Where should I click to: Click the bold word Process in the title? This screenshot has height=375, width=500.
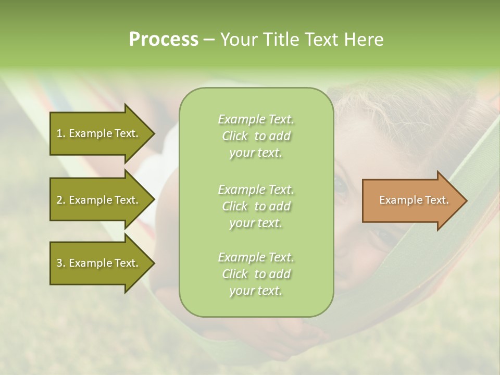(x=164, y=40)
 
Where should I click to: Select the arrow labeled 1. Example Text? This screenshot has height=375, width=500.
(x=99, y=133)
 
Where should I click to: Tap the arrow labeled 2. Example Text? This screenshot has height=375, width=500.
(x=99, y=200)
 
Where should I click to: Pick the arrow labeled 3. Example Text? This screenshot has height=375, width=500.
(x=99, y=263)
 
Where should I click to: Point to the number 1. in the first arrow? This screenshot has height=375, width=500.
(x=61, y=133)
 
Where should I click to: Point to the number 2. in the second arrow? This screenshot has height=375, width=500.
(x=61, y=200)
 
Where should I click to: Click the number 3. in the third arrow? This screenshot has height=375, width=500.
(x=61, y=263)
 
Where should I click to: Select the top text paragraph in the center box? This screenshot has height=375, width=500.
(x=256, y=136)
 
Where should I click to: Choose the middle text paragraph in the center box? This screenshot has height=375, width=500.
(x=256, y=206)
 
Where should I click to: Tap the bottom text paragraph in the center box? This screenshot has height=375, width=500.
(x=256, y=274)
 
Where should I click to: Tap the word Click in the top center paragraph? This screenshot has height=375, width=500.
(x=235, y=136)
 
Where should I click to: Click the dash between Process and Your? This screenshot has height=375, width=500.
(x=209, y=40)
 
